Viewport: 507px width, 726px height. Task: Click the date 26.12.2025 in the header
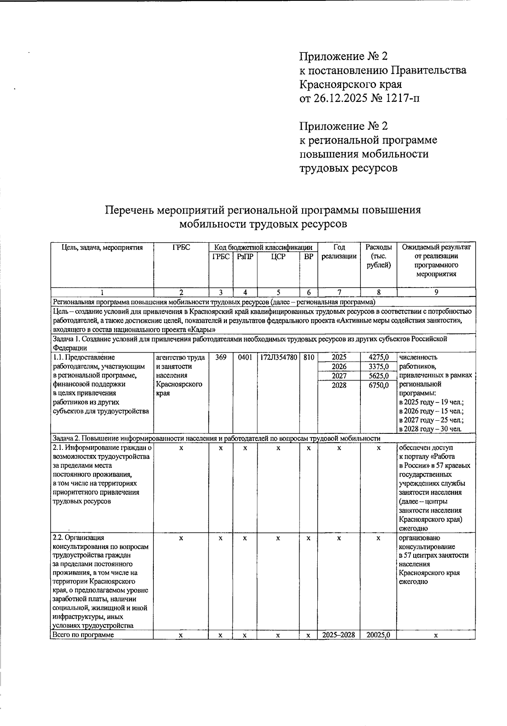(x=341, y=98)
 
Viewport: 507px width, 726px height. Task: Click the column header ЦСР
(x=278, y=257)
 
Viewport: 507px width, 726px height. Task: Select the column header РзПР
(x=245, y=257)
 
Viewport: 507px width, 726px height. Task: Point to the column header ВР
(x=308, y=257)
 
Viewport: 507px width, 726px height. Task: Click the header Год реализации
(x=339, y=252)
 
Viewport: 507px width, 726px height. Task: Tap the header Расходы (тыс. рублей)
(x=378, y=256)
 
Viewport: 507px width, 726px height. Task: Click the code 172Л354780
(x=278, y=357)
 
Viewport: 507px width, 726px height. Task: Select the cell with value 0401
(x=245, y=357)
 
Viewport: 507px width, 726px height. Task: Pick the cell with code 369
(x=221, y=357)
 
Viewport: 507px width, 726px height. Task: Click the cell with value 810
(x=308, y=357)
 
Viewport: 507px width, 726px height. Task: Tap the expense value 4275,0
(x=379, y=357)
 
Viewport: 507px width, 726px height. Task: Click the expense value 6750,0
(x=379, y=385)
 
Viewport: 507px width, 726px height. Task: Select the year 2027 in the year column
(x=339, y=375)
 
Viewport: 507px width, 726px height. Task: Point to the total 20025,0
(x=379, y=635)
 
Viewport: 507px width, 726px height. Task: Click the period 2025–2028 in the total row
(x=339, y=635)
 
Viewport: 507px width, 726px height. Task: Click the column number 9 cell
(x=436, y=292)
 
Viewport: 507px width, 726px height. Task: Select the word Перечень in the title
(x=129, y=210)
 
